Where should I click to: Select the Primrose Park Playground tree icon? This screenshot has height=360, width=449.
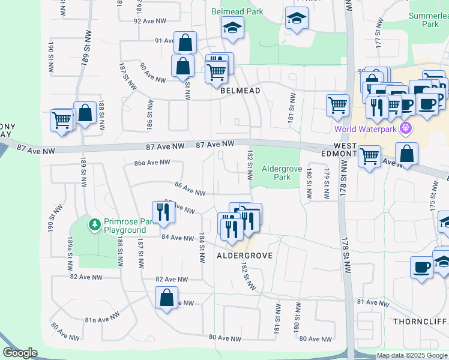[x=94, y=225]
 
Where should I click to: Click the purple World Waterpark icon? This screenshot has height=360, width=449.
[x=405, y=128]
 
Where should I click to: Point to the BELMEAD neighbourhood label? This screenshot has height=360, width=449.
[x=240, y=91]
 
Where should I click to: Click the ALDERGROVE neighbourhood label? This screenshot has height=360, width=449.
[x=245, y=256]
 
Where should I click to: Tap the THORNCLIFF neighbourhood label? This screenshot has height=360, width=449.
[x=420, y=322]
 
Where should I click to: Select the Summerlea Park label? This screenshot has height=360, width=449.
[x=429, y=20]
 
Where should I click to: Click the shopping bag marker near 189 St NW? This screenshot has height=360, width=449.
[x=85, y=112]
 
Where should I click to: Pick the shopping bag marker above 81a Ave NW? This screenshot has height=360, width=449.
[x=166, y=296]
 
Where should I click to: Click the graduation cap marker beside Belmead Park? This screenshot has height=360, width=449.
[x=231, y=27]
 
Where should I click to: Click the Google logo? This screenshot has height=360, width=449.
[x=20, y=353]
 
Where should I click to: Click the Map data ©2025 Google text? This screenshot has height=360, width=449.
[x=412, y=356]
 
